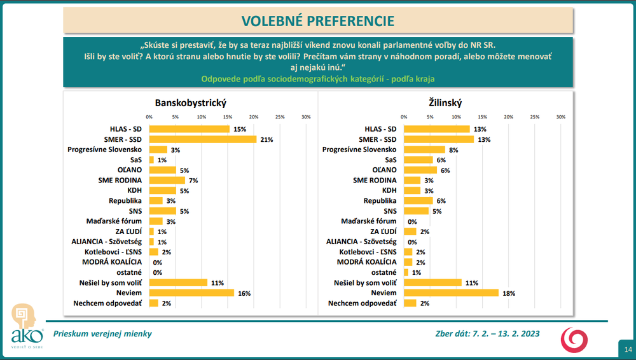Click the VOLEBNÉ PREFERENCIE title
point(317,21)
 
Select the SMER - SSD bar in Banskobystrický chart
point(202,139)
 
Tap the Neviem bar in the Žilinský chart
point(451,293)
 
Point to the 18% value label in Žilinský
point(508,293)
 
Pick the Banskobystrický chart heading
point(191,102)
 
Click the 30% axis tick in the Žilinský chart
point(560,117)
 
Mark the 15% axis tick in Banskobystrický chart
point(227,117)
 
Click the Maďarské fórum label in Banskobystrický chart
point(114,221)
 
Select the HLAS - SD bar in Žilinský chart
point(437,129)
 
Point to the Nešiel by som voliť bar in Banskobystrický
point(178,282)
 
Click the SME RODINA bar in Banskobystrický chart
point(167,180)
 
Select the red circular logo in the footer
point(574,338)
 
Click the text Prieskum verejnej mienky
point(102,333)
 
